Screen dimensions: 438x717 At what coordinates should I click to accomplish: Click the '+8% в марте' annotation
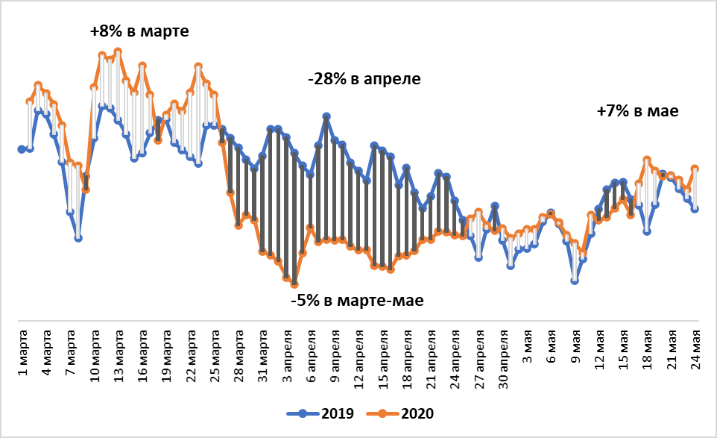point(139,32)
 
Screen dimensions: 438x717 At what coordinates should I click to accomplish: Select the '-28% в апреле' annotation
point(364,79)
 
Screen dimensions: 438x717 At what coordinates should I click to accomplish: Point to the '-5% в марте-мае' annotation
point(357,301)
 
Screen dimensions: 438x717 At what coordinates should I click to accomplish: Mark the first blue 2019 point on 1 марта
point(22,149)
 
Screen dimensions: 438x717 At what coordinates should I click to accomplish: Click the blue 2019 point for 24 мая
point(695,209)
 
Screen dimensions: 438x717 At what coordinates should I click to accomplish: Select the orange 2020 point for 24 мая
point(695,169)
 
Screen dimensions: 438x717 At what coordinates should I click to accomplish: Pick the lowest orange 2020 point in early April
point(295,284)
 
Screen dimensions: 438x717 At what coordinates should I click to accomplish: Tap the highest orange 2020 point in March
point(118,51)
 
